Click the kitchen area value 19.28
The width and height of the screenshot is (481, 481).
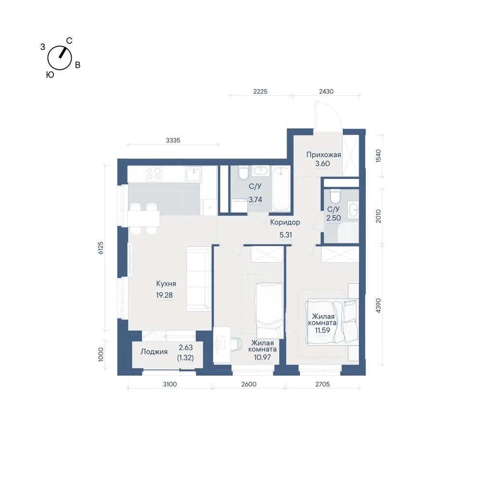pos(165,295)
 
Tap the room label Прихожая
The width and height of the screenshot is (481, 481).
pos(324,155)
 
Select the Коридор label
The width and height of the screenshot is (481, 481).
pos(285,222)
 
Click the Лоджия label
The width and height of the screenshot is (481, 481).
pos(154,352)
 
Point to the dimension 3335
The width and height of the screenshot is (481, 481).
pos(173,140)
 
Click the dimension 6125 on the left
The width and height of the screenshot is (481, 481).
pos(101,248)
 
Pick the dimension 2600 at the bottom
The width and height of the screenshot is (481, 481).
pos(249,384)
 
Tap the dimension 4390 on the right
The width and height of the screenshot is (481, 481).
pos(378,305)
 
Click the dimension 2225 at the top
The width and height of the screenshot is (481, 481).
pos(260,91)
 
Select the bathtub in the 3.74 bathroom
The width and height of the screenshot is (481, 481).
pos(281,189)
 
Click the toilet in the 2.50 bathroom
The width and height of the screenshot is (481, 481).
pos(335,196)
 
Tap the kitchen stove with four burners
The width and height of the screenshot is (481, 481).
pos(154,174)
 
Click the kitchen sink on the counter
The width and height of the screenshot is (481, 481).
pos(193,175)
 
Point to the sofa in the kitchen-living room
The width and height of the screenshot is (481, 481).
pos(198,279)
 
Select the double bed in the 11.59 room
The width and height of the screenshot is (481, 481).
pos(332,321)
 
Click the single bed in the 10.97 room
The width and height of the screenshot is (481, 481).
pos(269,310)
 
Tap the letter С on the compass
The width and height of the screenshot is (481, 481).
pos(69,41)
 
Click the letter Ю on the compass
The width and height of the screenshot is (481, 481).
pos(50,75)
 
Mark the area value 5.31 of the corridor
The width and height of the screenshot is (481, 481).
pos(286,235)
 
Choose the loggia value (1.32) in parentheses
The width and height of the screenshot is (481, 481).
pos(186,358)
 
